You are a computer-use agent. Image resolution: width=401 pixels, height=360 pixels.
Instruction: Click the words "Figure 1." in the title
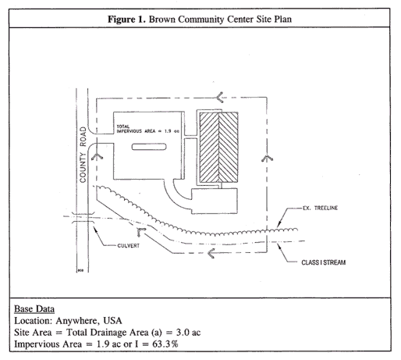tap(126, 20)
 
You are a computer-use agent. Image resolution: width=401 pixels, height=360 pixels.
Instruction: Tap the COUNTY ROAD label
tap(83, 155)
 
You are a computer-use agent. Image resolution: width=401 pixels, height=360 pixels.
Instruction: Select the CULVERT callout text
tap(129, 245)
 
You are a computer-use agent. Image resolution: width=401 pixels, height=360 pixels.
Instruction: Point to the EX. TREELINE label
tap(320, 208)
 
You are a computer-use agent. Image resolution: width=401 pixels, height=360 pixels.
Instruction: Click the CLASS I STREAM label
tap(324, 262)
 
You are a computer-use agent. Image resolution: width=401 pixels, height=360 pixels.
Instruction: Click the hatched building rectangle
tap(218, 148)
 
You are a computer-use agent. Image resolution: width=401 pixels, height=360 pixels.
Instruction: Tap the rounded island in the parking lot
tap(149, 147)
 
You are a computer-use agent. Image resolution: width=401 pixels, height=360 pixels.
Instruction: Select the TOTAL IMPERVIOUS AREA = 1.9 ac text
tap(147, 129)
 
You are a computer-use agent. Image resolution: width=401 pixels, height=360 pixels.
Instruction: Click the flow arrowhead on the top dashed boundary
tap(220, 97)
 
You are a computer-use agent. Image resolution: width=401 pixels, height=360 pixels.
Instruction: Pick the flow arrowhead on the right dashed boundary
tap(267, 159)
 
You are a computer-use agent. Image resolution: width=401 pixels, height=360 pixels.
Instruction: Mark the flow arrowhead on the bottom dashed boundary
tap(211, 253)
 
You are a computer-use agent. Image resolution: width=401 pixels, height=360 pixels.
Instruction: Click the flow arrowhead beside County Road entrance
tap(97, 157)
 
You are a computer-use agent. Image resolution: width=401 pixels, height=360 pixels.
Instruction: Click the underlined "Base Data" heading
tap(34, 309)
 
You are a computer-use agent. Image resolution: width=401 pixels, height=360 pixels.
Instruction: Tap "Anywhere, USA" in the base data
tap(89, 321)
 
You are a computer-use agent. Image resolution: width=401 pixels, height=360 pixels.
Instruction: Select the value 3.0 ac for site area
tap(188, 333)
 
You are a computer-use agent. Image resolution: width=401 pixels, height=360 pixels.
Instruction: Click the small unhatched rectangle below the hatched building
tap(215, 201)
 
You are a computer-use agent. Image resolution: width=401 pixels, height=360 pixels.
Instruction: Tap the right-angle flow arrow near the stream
tap(140, 231)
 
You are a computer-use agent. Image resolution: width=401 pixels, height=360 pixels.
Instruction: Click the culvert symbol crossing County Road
tap(82, 218)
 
